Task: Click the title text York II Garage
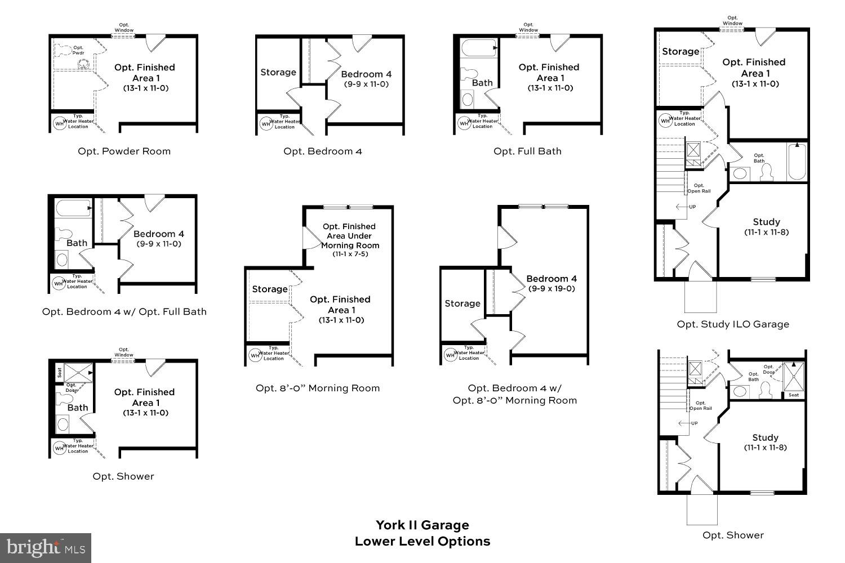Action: (422, 525)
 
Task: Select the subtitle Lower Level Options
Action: (422, 542)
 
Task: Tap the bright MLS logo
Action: (46, 547)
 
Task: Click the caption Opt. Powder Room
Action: (124, 151)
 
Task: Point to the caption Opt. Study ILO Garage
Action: (732, 324)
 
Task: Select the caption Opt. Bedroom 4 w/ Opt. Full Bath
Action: (124, 312)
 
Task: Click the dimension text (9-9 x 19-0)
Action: (552, 289)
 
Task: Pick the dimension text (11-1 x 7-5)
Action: (349, 254)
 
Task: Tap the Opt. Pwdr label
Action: (78, 50)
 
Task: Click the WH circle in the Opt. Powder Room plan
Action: (59, 123)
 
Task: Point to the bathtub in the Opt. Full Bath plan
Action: (478, 49)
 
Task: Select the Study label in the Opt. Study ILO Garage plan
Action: (766, 222)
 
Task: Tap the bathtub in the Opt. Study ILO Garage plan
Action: (796, 162)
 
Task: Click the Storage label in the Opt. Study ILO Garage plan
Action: (680, 52)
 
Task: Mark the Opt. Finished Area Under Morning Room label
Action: (349, 236)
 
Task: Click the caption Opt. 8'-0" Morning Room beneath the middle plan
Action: (317, 388)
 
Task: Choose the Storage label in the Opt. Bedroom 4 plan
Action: (278, 73)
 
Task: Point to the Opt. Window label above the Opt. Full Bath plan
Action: (528, 27)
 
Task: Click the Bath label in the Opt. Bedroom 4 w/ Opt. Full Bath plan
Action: (77, 243)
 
